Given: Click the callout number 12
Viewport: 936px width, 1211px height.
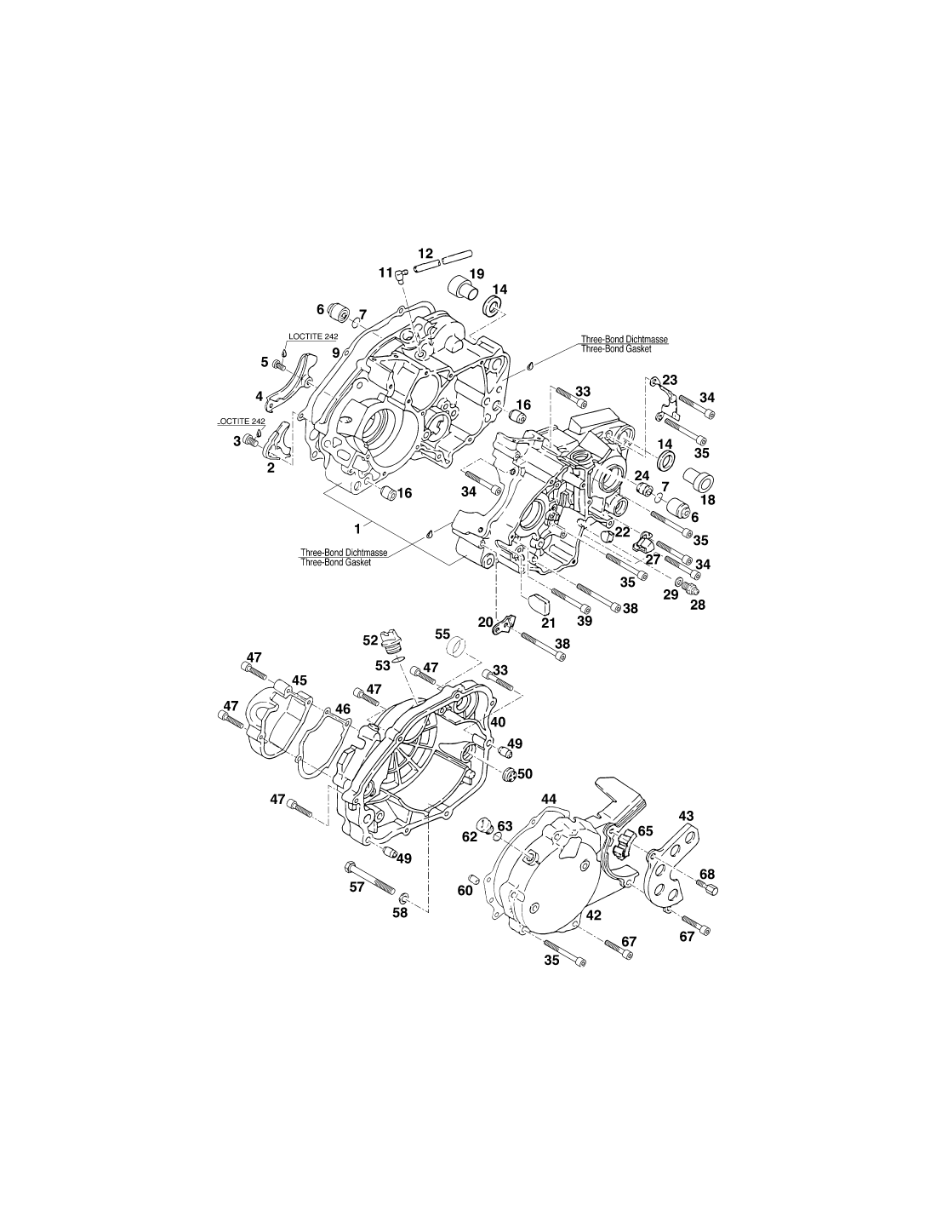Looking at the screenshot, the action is pos(425,254).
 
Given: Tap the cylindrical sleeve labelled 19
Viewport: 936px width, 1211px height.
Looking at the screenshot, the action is pos(463,288).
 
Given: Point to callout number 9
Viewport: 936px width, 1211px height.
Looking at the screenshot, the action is pos(336,353).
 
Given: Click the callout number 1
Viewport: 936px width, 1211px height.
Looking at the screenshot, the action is pos(357,526).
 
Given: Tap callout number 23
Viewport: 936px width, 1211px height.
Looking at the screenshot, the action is pos(670,380).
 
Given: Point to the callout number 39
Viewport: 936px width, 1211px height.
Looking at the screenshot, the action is pos(584,621).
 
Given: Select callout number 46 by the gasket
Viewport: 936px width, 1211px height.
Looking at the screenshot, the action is pos(342,709).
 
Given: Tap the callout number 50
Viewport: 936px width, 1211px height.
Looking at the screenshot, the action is pos(524,773).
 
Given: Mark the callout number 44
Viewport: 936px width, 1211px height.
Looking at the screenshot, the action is pos(549,799).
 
